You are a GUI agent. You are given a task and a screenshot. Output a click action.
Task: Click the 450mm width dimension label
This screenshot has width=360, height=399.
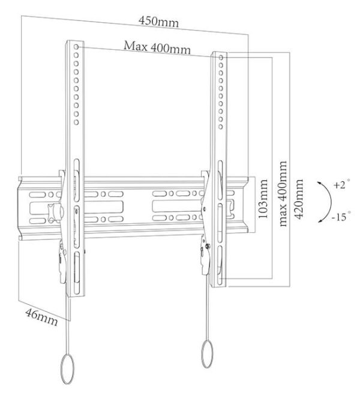(x=158, y=22)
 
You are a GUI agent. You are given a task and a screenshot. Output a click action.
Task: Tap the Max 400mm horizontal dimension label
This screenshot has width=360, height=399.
(x=157, y=47)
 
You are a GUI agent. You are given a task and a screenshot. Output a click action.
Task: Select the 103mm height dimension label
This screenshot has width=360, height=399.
(x=263, y=199)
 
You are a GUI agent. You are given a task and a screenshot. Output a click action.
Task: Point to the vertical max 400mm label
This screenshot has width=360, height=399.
(x=283, y=194)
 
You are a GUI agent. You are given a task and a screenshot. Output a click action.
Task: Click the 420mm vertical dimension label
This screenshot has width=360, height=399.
(x=299, y=199)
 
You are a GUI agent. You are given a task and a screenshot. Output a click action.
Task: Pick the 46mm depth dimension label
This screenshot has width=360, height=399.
(x=41, y=317)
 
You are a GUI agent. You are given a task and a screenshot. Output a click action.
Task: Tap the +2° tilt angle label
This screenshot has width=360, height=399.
(x=341, y=184)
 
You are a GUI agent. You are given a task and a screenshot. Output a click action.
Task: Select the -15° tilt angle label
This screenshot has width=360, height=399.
(x=341, y=217)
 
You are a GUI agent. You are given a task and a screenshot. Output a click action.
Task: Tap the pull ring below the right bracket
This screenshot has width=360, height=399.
(x=208, y=354)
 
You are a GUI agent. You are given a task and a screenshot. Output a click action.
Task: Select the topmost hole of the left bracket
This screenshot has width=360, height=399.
(x=76, y=47)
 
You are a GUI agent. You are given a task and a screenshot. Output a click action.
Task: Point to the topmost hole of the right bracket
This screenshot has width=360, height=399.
(x=221, y=58)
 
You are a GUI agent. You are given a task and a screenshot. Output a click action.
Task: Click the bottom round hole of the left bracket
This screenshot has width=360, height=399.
(x=76, y=122)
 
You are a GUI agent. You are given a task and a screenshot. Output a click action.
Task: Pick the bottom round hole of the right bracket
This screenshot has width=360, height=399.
(x=221, y=127)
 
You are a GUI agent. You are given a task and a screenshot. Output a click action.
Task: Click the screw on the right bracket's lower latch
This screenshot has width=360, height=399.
(x=208, y=246)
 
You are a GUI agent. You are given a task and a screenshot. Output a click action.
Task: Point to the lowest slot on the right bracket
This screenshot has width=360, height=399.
(x=220, y=265)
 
